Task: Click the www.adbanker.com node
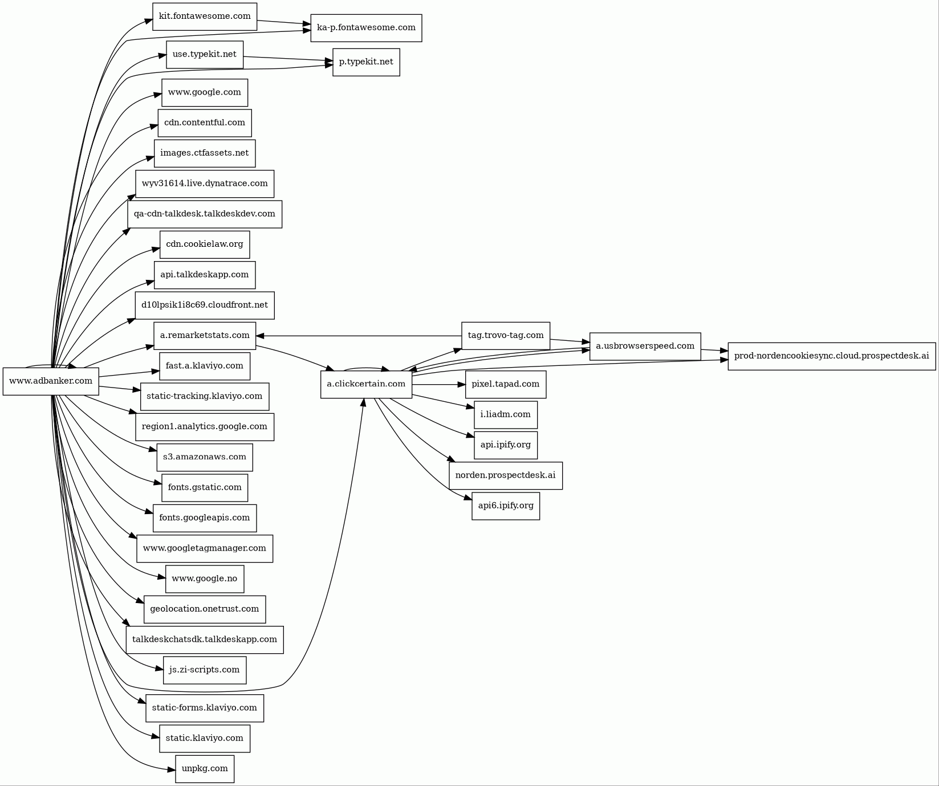51,381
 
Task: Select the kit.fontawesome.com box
205,17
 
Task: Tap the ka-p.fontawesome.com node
366,28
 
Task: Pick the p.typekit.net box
366,62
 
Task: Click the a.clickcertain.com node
366,385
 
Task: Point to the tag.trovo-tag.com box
506,336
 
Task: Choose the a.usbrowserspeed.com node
645,347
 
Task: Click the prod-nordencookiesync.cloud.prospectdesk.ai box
831,356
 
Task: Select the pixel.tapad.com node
506,385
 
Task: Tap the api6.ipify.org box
506,506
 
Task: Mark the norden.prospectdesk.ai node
506,476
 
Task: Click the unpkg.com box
205,769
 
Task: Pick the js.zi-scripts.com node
205,670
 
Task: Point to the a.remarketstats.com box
205,336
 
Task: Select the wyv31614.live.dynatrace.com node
205,184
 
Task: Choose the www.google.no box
205,579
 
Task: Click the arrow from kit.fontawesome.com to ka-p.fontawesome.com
283,23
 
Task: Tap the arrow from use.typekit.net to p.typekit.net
288,59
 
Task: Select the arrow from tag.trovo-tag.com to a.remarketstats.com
359,336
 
